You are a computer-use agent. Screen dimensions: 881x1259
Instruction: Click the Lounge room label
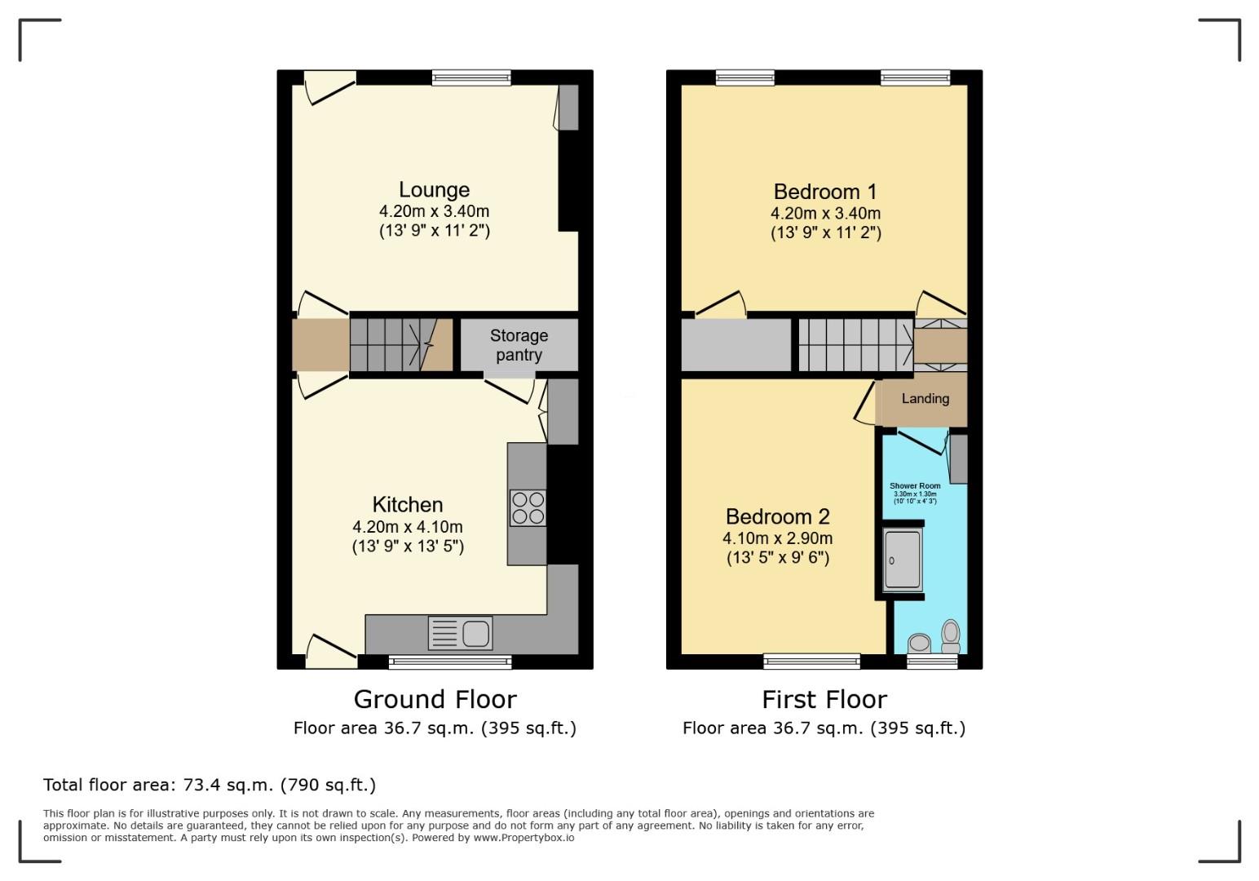coord(434,190)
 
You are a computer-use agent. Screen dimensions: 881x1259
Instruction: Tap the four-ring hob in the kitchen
coord(528,507)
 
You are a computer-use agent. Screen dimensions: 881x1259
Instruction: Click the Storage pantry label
coord(519,345)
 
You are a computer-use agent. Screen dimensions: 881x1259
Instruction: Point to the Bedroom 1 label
coord(825,192)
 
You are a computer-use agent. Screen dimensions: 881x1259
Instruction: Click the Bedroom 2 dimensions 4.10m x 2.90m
coord(777,538)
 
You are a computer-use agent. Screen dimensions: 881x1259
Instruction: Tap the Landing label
coord(925,399)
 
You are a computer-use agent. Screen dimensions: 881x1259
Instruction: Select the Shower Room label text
coord(915,486)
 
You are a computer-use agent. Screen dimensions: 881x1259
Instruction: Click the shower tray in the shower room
coord(903,560)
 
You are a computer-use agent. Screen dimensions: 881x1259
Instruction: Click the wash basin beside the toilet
coord(919,643)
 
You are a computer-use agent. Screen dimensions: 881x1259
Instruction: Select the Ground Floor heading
coord(435,699)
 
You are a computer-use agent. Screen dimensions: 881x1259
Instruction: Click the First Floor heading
coord(824,699)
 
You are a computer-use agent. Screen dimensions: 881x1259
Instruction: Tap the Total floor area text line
coord(210,785)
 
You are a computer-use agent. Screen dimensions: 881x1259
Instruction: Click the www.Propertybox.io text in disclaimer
coord(523,838)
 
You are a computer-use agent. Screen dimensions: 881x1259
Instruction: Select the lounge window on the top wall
coord(471,78)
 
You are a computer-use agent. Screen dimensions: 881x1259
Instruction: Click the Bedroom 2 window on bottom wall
coord(811,661)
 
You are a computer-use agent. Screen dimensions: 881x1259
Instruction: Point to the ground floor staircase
coord(388,345)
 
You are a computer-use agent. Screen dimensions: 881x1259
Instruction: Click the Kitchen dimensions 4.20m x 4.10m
coord(408,527)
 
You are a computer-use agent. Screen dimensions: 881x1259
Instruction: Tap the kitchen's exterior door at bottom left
coord(330,650)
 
